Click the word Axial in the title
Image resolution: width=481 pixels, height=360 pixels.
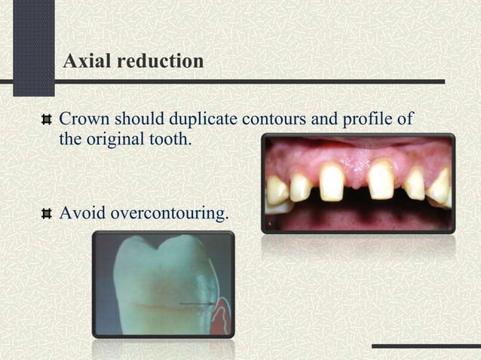click(84, 61)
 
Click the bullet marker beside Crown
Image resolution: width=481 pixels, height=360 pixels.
click(47, 120)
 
